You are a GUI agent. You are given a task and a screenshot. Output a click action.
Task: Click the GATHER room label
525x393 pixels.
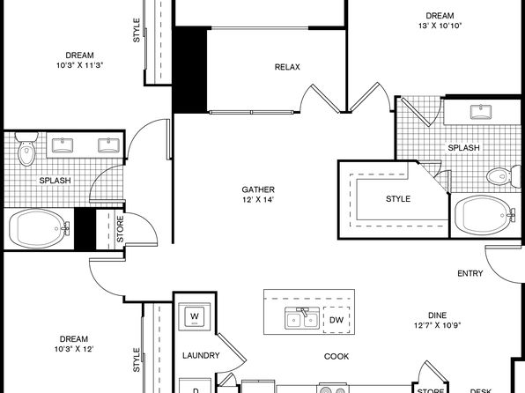point(258,189)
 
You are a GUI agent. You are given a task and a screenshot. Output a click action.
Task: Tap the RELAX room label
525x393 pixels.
point(287,67)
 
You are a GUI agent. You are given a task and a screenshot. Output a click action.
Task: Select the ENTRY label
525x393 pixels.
point(470,273)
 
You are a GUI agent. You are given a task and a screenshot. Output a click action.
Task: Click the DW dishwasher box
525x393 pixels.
point(336,320)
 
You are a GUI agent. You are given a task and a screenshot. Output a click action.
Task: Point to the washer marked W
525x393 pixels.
point(195,316)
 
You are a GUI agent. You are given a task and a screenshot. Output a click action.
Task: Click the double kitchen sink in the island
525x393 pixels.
point(302,317)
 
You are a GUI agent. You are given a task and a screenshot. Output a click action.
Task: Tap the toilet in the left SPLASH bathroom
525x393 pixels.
point(26,149)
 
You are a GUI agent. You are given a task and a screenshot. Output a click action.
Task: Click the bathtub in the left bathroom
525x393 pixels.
point(39,229)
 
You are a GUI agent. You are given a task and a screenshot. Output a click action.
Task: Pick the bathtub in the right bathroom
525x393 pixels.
point(485,215)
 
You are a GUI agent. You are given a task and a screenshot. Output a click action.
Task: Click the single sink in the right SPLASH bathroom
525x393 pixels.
point(480,112)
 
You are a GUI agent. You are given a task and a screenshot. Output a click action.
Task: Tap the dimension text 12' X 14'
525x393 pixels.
point(258,200)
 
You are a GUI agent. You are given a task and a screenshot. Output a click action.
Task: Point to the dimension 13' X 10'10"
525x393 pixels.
point(440,26)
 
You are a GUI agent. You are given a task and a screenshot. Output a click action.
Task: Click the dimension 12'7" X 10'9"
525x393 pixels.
point(437,325)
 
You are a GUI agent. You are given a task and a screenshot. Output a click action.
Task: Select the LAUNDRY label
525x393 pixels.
point(201,355)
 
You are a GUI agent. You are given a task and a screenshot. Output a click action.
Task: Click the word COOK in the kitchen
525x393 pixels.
point(336,357)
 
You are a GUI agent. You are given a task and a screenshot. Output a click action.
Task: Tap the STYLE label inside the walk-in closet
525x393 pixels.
point(398,199)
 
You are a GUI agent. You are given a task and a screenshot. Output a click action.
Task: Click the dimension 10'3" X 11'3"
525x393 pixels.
point(79,65)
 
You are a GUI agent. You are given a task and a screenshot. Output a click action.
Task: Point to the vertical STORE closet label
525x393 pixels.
point(120,229)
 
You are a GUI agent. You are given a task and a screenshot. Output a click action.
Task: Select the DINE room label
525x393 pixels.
point(437,315)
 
